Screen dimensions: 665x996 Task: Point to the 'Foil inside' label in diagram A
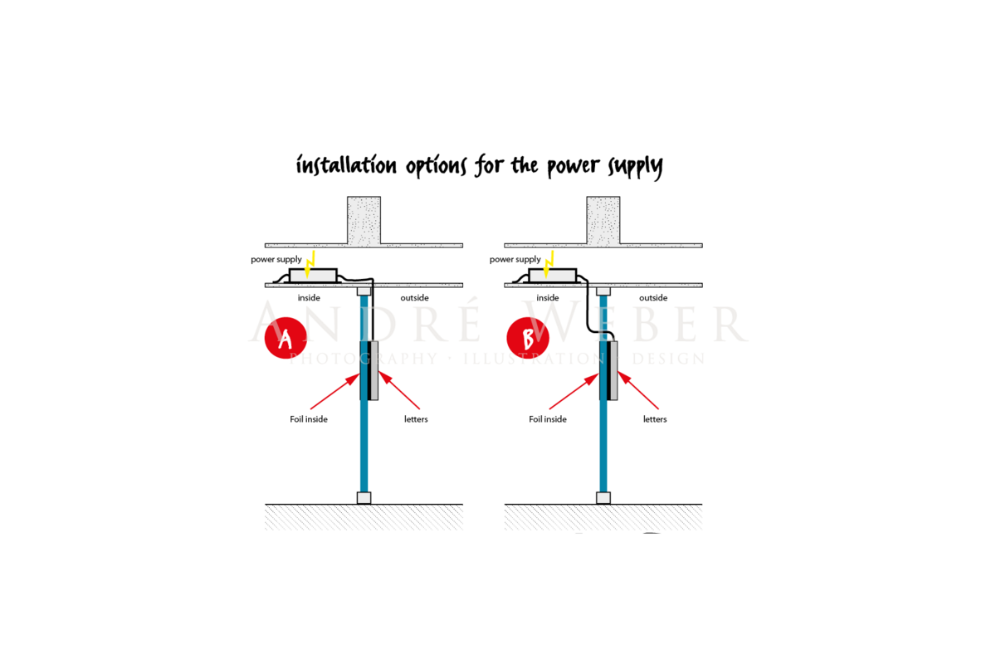[x=309, y=419]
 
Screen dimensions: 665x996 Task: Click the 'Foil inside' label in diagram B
[x=548, y=419]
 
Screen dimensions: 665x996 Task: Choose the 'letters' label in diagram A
[x=416, y=419]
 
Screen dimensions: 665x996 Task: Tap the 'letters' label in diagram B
[x=655, y=419]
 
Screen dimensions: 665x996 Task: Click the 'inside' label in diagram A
[x=309, y=298]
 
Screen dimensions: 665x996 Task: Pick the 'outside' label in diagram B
[x=653, y=298]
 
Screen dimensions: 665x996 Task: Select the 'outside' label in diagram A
[x=414, y=298]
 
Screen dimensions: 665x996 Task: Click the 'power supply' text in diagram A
[x=276, y=260]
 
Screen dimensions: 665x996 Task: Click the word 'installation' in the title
[x=346, y=166]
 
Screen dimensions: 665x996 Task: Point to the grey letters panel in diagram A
[x=374, y=370]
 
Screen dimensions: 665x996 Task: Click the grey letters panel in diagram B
[x=613, y=370]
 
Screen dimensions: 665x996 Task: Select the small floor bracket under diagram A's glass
[x=364, y=498]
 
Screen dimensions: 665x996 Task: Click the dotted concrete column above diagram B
[x=603, y=220]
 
